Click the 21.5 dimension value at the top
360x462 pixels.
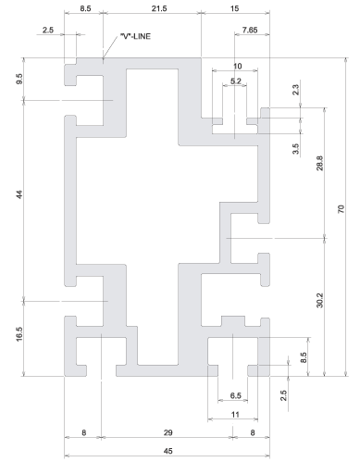(159, 8)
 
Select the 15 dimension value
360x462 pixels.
(234, 8)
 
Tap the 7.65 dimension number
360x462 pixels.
(250, 30)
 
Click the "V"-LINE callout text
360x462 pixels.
(135, 36)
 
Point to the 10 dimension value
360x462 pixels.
(237, 66)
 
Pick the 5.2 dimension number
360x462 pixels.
(236, 81)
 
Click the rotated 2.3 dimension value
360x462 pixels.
(295, 90)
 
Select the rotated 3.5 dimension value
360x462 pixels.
(295, 149)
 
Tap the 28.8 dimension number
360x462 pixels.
(319, 163)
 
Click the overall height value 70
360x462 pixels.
(341, 209)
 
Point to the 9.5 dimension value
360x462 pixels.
(19, 79)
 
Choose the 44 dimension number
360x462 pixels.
(19, 194)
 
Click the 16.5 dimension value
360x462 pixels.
(19, 334)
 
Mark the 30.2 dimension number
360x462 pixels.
(319, 300)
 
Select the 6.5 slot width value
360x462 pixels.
(236, 395)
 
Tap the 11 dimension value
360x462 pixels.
(235, 415)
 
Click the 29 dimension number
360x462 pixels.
(168, 432)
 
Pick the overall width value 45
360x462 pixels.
(168, 451)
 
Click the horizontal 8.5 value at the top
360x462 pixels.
(85, 8)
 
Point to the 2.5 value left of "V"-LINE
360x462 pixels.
(48, 30)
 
